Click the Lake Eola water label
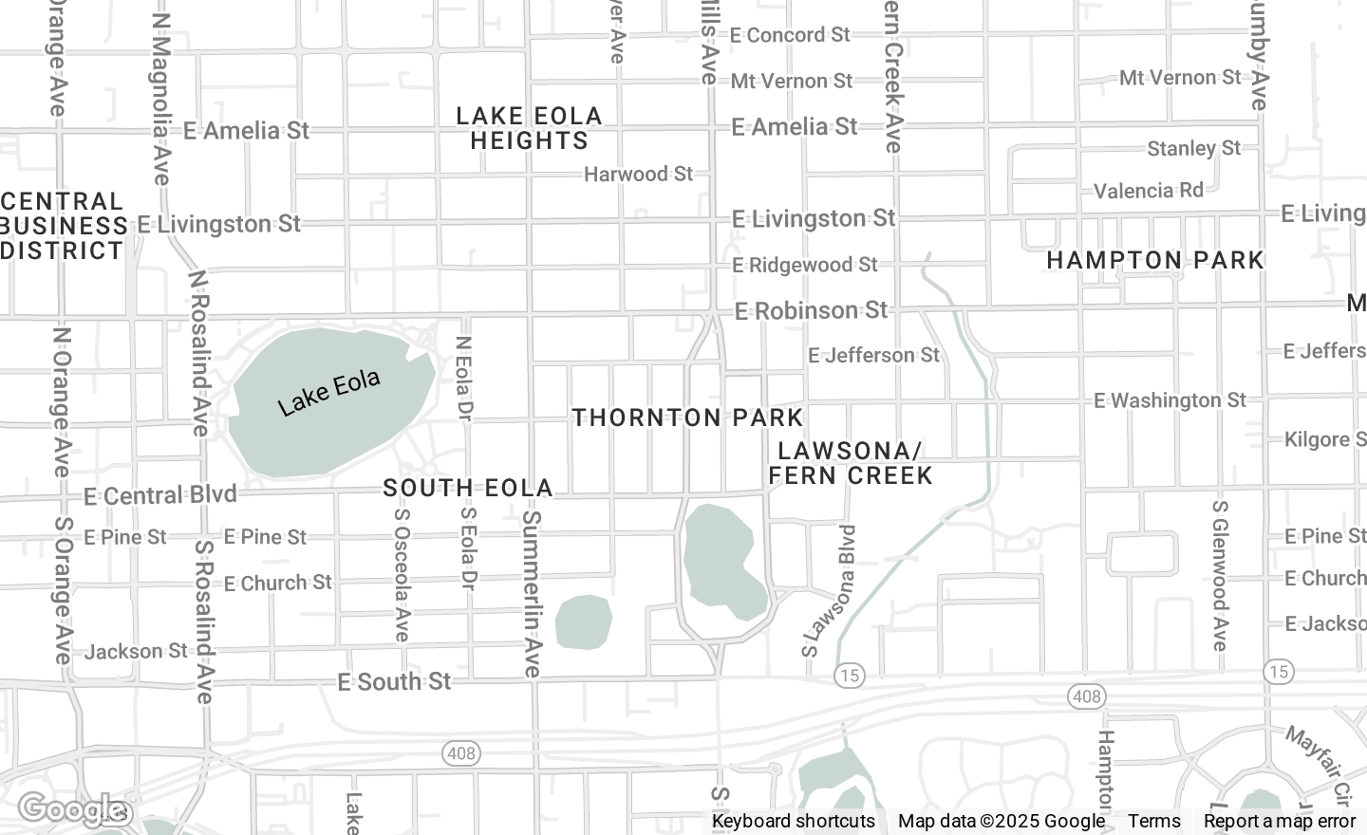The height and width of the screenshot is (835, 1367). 328,393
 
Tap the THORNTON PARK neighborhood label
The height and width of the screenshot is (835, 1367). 687,417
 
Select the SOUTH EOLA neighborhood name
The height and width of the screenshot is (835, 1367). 467,488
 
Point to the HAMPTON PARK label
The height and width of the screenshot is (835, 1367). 1154,260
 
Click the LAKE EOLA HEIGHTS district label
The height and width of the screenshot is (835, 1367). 529,128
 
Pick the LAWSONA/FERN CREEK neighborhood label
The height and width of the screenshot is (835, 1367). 850,463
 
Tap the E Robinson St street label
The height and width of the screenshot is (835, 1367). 811,310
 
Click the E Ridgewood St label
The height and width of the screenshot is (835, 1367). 805,265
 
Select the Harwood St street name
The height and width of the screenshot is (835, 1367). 638,174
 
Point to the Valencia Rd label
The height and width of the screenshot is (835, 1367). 1148,191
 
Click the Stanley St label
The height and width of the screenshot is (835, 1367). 1193,148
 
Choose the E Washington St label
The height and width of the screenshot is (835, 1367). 1170,400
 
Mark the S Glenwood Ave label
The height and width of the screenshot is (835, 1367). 1220,575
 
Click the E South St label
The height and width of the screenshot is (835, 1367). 394,681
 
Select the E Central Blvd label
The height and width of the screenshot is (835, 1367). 159,495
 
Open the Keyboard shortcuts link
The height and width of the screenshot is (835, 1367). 793,821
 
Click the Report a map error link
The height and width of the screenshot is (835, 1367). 1279,821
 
